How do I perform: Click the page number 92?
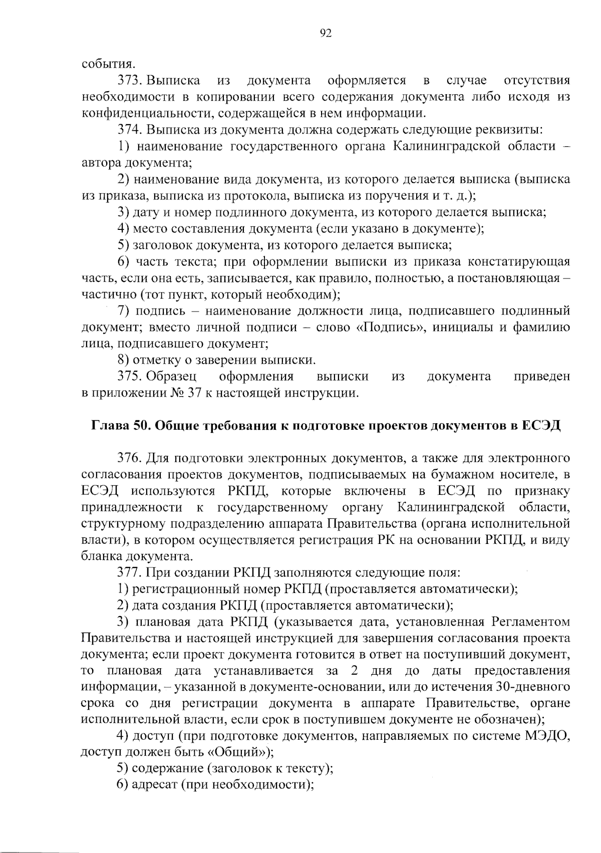click(x=326, y=34)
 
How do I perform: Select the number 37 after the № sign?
click(x=194, y=393)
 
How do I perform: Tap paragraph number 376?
click(x=131, y=458)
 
